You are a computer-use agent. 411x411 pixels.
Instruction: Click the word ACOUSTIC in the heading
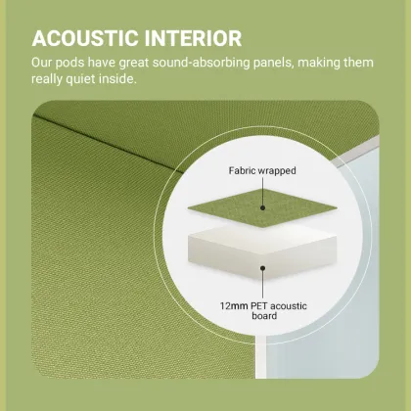[85, 39]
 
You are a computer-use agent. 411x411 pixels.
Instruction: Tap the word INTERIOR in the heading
[192, 39]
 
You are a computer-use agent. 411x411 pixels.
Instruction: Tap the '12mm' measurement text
[236, 305]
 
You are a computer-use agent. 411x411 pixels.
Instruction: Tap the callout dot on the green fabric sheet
[262, 205]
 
